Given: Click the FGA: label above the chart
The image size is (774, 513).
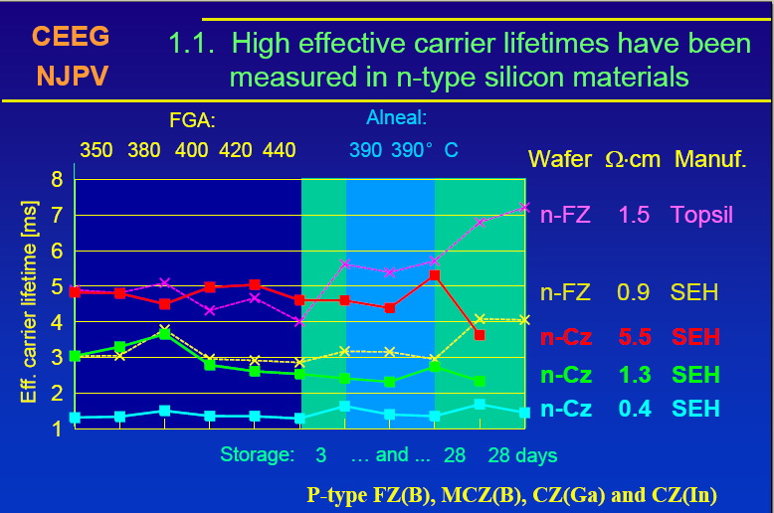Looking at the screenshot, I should [193, 121].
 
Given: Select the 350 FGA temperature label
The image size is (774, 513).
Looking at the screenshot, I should [97, 150].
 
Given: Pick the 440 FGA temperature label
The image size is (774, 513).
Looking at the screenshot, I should [279, 150].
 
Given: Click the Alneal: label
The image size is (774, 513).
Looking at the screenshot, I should [396, 118].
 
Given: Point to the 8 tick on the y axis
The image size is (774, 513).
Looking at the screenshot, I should [57, 180].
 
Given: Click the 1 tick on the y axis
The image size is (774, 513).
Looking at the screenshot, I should [57, 428].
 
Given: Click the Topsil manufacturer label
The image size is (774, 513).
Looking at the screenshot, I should [701, 214].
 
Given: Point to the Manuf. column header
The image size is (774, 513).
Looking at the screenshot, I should [709, 159].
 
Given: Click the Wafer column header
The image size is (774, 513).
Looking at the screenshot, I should [560, 159].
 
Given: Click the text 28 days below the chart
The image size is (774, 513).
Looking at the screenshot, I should [522, 455].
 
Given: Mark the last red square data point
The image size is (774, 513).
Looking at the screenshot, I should [480, 335].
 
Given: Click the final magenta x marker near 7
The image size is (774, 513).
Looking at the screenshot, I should [524, 207].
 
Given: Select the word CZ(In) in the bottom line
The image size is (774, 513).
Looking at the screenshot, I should [680, 494].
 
